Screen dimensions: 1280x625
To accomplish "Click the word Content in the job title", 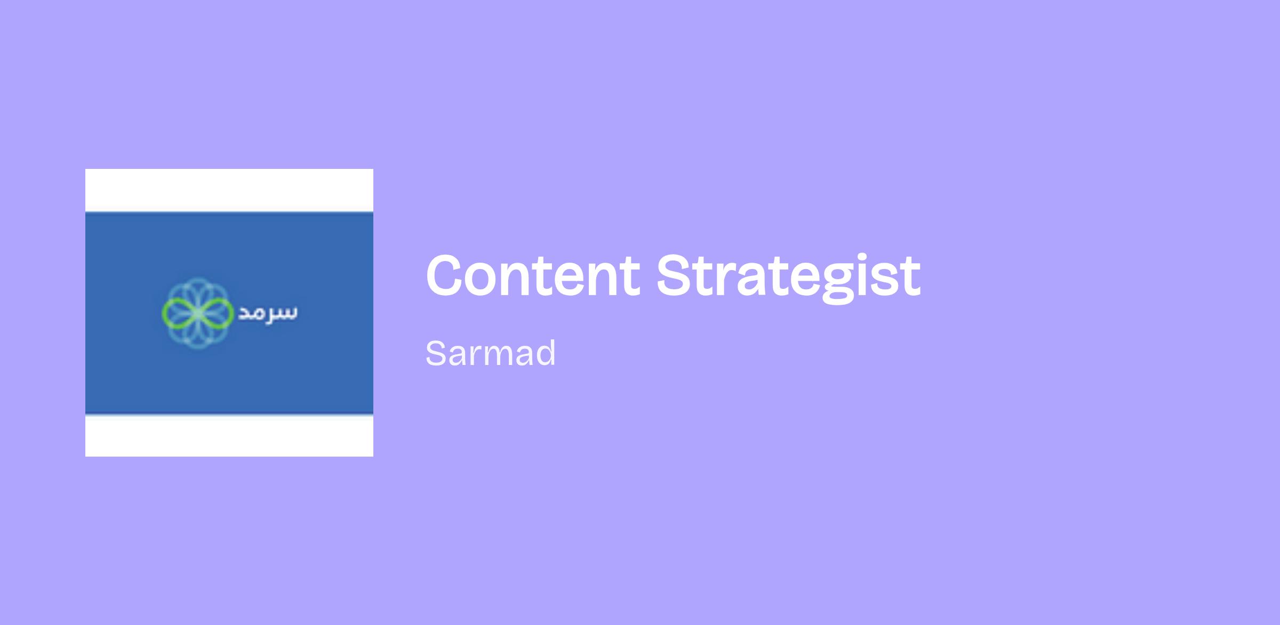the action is pyautogui.click(x=532, y=275).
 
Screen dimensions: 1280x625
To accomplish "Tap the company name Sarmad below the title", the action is pyautogui.click(x=491, y=353).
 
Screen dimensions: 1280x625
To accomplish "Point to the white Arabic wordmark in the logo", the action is pyautogui.click(x=267, y=313).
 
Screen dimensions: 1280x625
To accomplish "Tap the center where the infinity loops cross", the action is pyautogui.click(x=197, y=313).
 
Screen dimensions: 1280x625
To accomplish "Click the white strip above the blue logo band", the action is pyautogui.click(x=229, y=190).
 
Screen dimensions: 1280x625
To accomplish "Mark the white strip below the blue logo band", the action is pyautogui.click(x=229, y=435).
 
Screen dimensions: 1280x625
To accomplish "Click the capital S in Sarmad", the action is pyautogui.click(x=436, y=353).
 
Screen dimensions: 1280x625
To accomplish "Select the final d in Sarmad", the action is pyautogui.click(x=545, y=353).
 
